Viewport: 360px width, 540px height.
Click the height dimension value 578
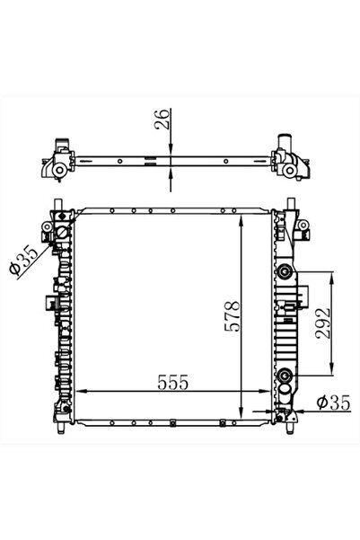click(x=231, y=316)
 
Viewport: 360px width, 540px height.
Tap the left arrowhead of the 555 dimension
click(x=81, y=392)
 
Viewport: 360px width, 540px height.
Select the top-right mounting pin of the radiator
click(x=289, y=203)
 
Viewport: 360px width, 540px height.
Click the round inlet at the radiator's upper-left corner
click(x=62, y=235)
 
